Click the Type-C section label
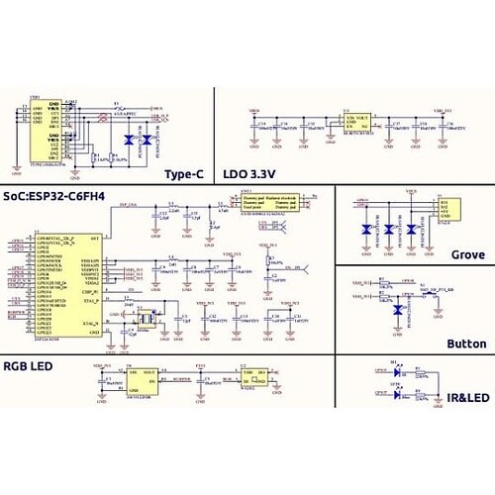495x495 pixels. click(183, 174)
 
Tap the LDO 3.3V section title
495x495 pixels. click(251, 174)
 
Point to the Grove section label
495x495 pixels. click(468, 254)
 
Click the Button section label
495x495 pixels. click(465, 344)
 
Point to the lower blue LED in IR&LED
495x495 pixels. click(396, 394)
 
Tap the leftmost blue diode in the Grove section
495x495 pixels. click(365, 230)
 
